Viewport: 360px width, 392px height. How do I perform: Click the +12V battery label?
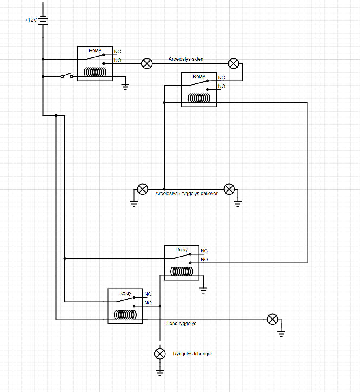pyautogui.click(x=31, y=20)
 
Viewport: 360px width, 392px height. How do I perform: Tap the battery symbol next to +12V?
pyautogui.click(x=43, y=20)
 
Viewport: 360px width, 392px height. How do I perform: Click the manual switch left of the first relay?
pyautogui.click(x=67, y=76)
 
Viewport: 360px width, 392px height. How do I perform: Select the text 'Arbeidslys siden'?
pyautogui.click(x=186, y=59)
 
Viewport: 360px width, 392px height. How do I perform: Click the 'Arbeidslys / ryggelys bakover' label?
pyautogui.click(x=186, y=194)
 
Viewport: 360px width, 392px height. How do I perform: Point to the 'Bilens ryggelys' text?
pyautogui.click(x=180, y=324)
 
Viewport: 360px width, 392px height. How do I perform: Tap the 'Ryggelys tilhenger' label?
pyautogui.click(x=192, y=354)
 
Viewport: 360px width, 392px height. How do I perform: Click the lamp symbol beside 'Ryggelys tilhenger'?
pyautogui.click(x=160, y=354)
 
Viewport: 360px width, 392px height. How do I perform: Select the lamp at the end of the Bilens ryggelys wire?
pyautogui.click(x=273, y=319)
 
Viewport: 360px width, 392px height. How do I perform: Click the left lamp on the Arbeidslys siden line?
pyautogui.click(x=147, y=64)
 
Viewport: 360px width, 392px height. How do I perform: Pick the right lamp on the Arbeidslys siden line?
pyautogui.click(x=234, y=64)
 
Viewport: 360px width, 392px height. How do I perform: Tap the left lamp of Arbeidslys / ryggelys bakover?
pyautogui.click(x=143, y=189)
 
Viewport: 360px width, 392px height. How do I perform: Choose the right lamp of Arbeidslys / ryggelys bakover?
pyautogui.click(x=229, y=189)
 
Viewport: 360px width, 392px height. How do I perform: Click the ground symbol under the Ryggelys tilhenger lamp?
pyautogui.click(x=160, y=372)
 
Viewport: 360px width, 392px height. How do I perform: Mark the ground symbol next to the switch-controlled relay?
pyautogui.click(x=125, y=86)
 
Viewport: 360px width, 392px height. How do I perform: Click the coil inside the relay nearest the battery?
pyautogui.click(x=95, y=72)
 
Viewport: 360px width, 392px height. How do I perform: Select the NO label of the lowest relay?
pyautogui.click(x=148, y=303)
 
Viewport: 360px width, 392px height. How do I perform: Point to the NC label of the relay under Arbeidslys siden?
pyautogui.click(x=221, y=78)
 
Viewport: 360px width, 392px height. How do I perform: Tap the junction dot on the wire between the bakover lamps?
pyautogui.click(x=164, y=189)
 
